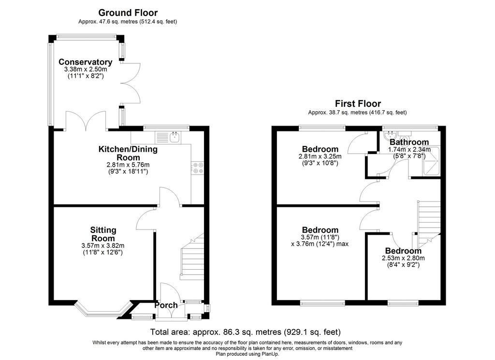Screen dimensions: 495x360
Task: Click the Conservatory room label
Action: point(85,62)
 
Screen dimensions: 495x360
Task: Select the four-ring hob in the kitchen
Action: point(198,168)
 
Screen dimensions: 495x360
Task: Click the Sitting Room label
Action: point(103,234)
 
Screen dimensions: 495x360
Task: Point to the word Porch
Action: point(166,305)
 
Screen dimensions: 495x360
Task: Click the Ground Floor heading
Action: point(128,13)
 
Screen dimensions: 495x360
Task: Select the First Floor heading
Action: point(358,103)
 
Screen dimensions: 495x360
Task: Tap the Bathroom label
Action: point(409,142)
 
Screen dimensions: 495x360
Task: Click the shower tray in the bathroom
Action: point(431,160)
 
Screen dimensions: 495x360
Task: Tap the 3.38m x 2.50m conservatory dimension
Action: point(86,70)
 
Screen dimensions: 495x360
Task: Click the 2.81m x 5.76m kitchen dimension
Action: point(128,165)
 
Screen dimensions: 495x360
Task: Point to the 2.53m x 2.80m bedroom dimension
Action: point(403,258)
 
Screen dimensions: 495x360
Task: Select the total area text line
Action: point(245,332)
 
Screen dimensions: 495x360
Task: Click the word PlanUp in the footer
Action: point(270,354)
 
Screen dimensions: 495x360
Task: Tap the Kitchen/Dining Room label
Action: point(128,153)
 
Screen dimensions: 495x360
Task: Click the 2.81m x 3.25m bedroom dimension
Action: point(320,156)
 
